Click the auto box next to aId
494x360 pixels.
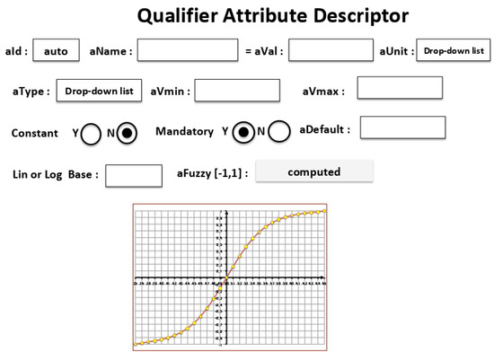tap(56, 51)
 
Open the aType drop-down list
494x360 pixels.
tap(100, 91)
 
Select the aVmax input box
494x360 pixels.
tap(400, 88)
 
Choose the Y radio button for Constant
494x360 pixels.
tap(91, 134)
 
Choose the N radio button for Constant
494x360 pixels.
tap(128, 133)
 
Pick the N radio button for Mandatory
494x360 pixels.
tap(279, 132)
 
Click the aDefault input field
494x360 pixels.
tap(402, 127)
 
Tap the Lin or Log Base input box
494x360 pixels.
tap(134, 175)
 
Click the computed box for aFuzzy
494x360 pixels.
tap(313, 171)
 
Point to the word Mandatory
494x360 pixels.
tap(184, 132)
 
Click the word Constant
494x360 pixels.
tap(35, 134)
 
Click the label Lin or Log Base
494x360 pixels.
tap(55, 174)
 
